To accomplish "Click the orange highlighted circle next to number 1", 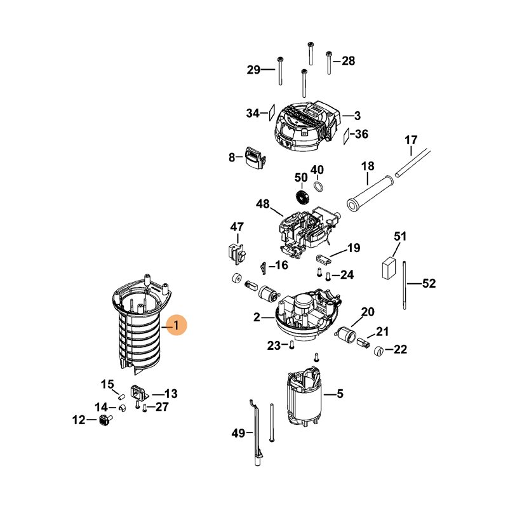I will coord(177,326).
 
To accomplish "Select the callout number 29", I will coord(253,70).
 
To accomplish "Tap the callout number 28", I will coord(349,61).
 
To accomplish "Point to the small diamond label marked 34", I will coord(268,112).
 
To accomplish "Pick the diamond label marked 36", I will coord(347,135).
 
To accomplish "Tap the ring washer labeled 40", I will coord(318,187).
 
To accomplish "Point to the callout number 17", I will coord(411,139).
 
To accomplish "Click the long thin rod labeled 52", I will coord(404,284).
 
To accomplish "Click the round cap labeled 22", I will coord(378,351).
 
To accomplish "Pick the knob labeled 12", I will coord(105,420).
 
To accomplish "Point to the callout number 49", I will coord(238,434).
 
